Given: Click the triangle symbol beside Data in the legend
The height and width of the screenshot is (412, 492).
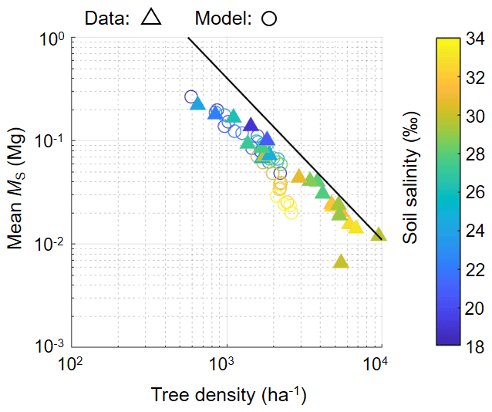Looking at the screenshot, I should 151,19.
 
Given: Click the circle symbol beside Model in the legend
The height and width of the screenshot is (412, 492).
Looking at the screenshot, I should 269,19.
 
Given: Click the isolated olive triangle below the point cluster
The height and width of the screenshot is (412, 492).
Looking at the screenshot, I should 341,262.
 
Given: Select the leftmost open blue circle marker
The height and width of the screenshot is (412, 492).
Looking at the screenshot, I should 191,96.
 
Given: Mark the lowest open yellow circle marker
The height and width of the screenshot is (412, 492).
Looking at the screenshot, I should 291,212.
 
